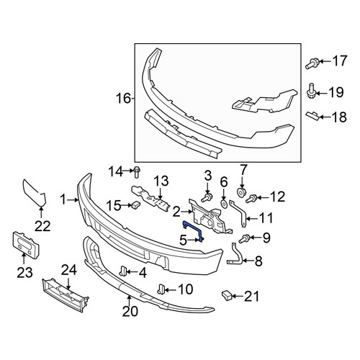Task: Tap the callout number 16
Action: (123, 99)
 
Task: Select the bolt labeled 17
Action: (312, 63)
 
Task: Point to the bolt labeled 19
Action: (312, 91)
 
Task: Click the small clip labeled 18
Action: (312, 116)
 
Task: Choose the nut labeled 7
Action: (241, 192)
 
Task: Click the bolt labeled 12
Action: (251, 199)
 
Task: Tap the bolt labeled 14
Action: (137, 172)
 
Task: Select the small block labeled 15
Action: (136, 204)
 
